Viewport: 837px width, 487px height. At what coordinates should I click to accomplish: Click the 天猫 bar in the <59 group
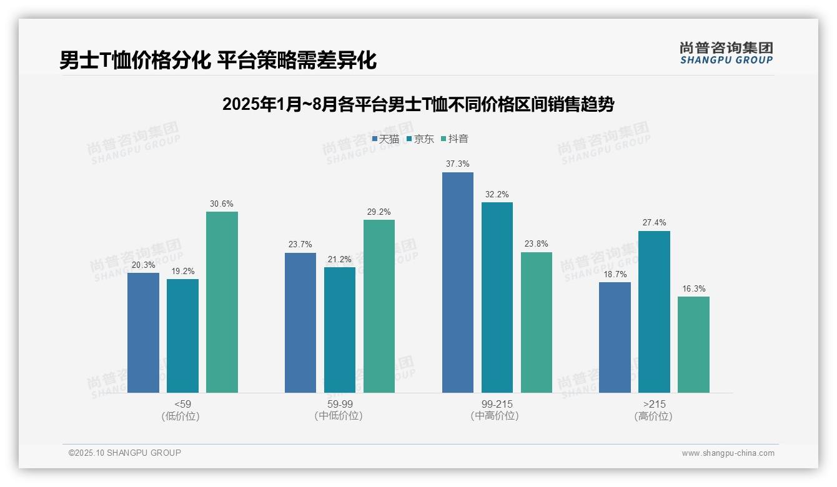pyautogui.click(x=143, y=333)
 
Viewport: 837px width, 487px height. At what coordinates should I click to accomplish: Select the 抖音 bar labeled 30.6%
pyautogui.click(x=222, y=302)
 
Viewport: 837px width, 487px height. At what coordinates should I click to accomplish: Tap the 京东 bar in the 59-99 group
pyautogui.click(x=340, y=330)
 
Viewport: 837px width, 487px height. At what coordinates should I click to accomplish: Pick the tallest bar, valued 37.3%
pyautogui.click(x=458, y=282)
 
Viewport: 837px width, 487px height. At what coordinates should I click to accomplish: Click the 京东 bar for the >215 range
pyautogui.click(x=654, y=312)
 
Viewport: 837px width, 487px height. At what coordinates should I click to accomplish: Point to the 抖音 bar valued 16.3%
pyautogui.click(x=693, y=345)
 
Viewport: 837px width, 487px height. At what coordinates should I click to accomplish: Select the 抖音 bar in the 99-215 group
pyautogui.click(x=537, y=322)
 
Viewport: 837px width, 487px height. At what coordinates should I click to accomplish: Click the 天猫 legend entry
pyautogui.click(x=385, y=139)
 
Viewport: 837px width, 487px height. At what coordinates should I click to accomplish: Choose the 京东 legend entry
pyautogui.click(x=420, y=139)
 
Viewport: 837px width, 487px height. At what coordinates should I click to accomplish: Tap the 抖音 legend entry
pyautogui.click(x=455, y=139)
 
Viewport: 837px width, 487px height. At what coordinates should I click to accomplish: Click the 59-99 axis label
pyautogui.click(x=340, y=404)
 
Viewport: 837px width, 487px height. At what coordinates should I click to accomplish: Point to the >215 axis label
pyautogui.click(x=654, y=404)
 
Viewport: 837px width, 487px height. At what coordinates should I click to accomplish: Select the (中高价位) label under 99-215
pyautogui.click(x=497, y=416)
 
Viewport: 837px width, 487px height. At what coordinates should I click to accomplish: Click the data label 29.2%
pyautogui.click(x=379, y=212)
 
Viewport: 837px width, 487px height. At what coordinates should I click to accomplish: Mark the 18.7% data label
pyautogui.click(x=615, y=274)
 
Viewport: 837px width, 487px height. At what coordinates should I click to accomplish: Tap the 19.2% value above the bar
pyautogui.click(x=182, y=271)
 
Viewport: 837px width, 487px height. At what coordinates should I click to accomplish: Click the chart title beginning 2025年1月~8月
pyautogui.click(x=418, y=104)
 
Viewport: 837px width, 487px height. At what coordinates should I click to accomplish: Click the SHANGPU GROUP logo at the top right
pyautogui.click(x=726, y=53)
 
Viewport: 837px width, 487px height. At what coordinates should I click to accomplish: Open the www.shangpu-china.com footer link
pyautogui.click(x=728, y=453)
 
